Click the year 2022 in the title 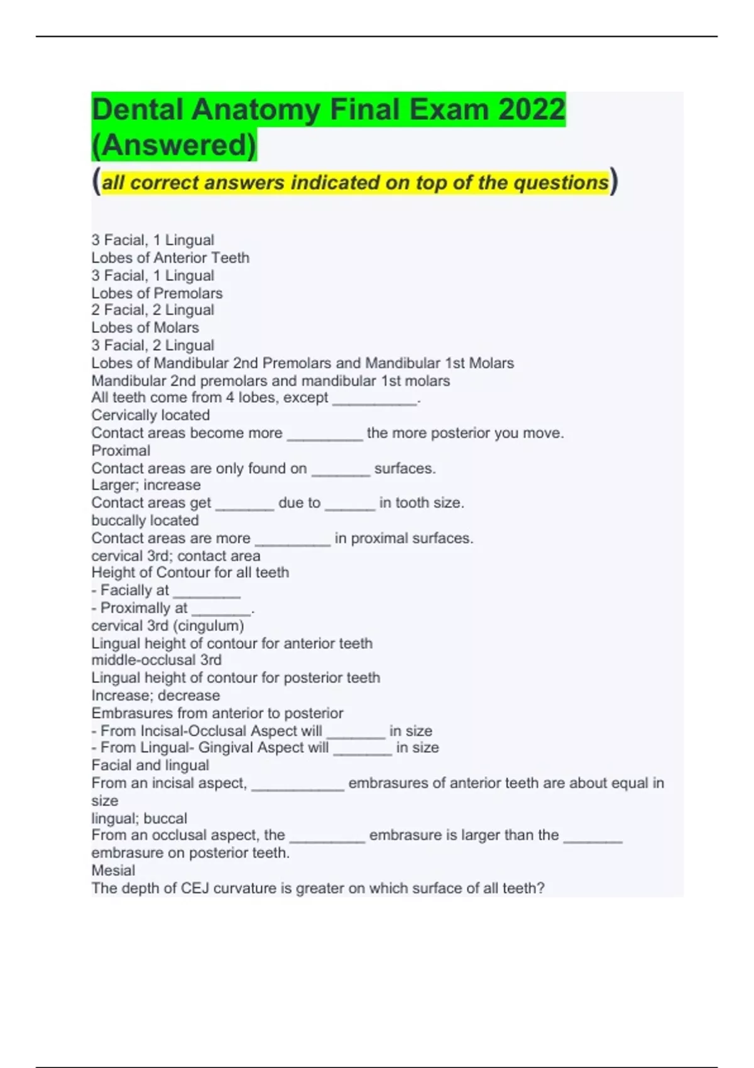(x=532, y=109)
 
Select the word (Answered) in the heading (x=174, y=144)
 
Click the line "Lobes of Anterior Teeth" (x=170, y=258)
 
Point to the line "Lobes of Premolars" (x=157, y=293)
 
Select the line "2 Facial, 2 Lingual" (x=153, y=310)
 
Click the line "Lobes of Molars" (x=145, y=327)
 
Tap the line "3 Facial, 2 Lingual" (x=153, y=345)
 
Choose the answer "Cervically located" (x=151, y=415)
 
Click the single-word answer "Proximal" (x=121, y=450)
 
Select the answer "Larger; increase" (x=146, y=484)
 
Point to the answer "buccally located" (x=145, y=520)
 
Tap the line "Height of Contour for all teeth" (x=190, y=572)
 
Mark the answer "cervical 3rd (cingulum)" (x=168, y=625)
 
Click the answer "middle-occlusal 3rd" (x=156, y=660)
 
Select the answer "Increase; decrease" (x=156, y=695)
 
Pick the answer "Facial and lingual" (x=150, y=765)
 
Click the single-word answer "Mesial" (x=113, y=870)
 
